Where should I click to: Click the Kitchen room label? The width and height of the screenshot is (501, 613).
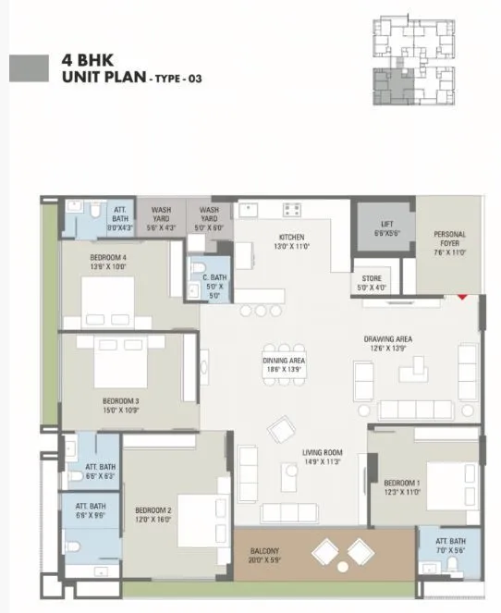[291, 242]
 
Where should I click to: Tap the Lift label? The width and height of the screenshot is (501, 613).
[386, 228]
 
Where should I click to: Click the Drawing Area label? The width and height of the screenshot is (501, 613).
[387, 344]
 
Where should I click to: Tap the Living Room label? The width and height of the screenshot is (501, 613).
[323, 457]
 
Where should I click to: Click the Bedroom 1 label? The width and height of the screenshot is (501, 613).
[402, 487]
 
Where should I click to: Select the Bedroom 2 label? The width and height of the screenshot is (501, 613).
[153, 514]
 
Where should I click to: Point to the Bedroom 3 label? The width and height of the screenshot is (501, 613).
[120, 405]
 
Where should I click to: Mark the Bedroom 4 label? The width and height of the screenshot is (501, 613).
[108, 261]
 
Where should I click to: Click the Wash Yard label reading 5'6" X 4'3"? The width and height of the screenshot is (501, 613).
[161, 217]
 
